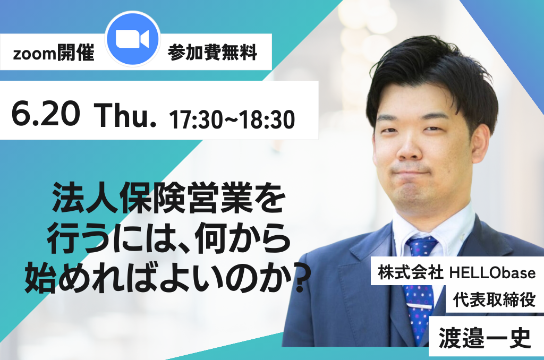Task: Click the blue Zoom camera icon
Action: (132, 39)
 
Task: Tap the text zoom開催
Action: (54, 53)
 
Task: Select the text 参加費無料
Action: (212, 53)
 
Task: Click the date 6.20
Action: (46, 114)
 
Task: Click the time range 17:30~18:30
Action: (232, 119)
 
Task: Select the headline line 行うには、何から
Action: (168, 238)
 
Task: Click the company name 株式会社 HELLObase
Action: (456, 272)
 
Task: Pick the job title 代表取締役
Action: (494, 300)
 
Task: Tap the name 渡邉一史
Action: (484, 338)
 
